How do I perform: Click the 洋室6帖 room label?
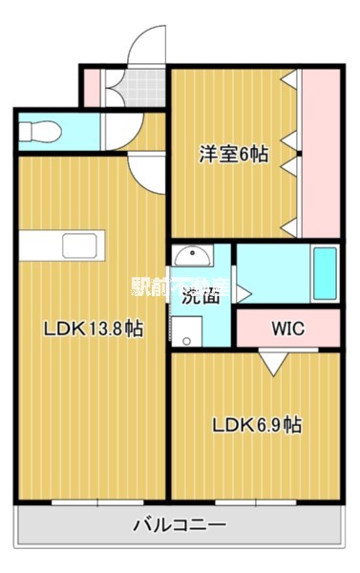233,153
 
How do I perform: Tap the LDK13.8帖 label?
93,329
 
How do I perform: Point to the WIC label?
286,329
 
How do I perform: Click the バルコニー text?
179,525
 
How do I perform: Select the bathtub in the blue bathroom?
324,272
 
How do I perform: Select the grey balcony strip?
179,525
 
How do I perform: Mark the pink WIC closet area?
286,329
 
